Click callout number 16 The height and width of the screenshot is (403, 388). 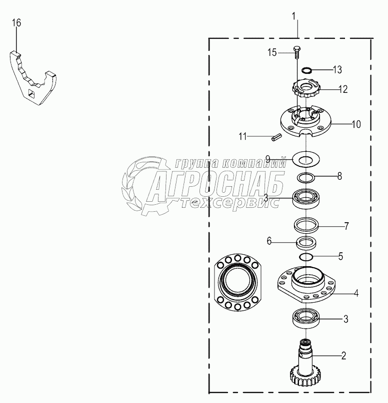pyautogui.click(x=16, y=23)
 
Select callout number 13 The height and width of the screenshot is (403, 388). pyautogui.click(x=337, y=69)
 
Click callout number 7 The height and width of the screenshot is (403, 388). pyautogui.click(x=346, y=226)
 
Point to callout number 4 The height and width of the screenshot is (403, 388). pyautogui.click(x=356, y=293)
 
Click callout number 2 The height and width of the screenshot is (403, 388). pyautogui.click(x=343, y=356)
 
